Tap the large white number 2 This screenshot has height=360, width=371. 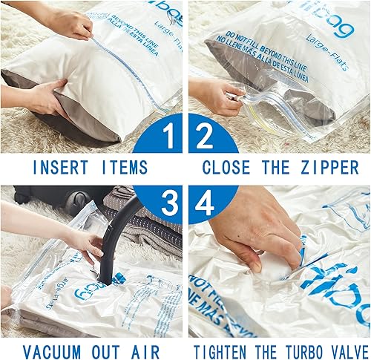point(202,139)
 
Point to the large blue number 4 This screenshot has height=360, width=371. point(201,201)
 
